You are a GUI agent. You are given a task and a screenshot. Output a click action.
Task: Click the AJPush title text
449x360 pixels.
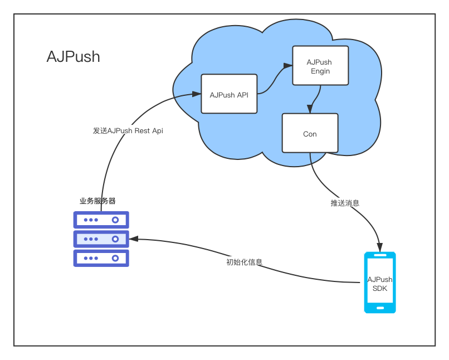tap(73, 57)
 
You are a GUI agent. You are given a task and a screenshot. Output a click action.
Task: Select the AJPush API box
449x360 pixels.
tap(229, 94)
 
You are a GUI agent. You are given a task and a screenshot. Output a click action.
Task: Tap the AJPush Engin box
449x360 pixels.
tap(320, 66)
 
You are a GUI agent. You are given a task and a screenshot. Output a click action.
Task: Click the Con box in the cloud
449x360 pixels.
tap(310, 133)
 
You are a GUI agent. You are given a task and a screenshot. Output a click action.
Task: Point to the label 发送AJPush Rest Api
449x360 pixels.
tap(128, 130)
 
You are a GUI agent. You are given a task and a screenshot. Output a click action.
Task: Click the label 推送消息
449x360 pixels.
tap(345, 203)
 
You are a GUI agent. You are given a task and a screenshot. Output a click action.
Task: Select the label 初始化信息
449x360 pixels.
tap(244, 262)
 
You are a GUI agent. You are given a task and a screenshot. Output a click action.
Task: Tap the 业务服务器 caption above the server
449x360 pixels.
tap(97, 201)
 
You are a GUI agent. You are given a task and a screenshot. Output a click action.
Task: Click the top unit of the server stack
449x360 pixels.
tap(101, 220)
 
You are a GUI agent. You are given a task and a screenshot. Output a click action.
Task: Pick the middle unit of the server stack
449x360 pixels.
tap(101, 239)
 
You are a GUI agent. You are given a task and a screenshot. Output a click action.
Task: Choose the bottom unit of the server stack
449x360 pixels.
tap(101, 258)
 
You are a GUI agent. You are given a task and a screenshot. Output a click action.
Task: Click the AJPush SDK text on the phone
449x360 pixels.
tap(380, 284)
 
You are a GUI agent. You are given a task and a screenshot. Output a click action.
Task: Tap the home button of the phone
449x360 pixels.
tap(380, 308)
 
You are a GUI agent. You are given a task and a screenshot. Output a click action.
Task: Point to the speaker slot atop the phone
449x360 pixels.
tap(380, 256)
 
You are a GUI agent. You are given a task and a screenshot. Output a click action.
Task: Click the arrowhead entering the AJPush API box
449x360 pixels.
tap(197, 94)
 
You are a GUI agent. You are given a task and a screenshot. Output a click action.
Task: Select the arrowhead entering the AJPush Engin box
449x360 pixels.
tap(288, 66)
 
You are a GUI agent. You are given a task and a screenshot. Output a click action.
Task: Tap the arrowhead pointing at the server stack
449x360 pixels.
tap(134, 239)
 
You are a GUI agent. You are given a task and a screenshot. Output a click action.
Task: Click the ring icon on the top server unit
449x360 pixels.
tap(116, 220)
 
